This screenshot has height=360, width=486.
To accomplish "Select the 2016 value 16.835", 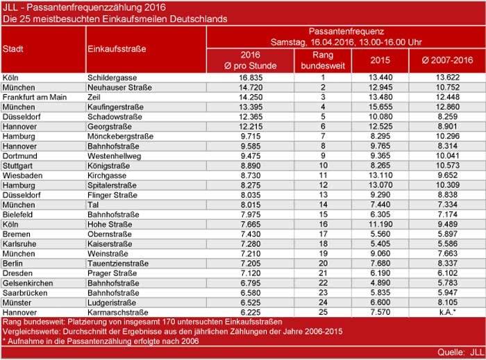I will coord(249,78).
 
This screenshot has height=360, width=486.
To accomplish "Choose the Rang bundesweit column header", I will coord(322,60).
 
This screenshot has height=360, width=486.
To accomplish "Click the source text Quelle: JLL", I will coord(458,353).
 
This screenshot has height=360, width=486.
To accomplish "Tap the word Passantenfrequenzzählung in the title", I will coord(74,7).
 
